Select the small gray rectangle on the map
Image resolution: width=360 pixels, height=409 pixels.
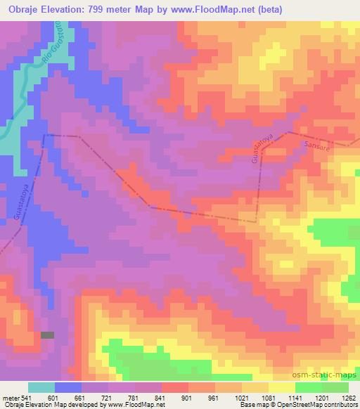pos(47,335)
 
